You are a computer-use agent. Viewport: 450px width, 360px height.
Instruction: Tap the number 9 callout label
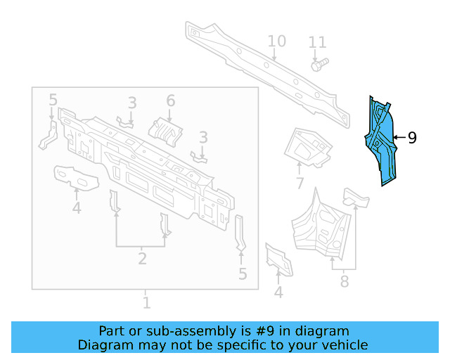[x=412, y=138]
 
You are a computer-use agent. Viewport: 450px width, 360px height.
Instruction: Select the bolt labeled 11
[x=316, y=65]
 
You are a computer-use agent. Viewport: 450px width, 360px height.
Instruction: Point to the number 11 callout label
[x=318, y=43]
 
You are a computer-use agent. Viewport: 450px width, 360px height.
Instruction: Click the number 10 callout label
[x=276, y=41]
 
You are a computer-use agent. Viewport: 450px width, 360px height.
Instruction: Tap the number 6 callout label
[x=170, y=102]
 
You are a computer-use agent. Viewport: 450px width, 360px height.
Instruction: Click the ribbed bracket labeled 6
[x=167, y=130]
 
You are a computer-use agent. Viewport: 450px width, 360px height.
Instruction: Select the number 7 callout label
[x=300, y=184]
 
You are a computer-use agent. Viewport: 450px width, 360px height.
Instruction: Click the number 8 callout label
[x=344, y=282]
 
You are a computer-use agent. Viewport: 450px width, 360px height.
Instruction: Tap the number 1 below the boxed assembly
[x=146, y=303]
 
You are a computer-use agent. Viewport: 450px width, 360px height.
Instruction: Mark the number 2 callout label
[x=142, y=259]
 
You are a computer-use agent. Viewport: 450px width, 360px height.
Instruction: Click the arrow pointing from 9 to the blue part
[x=399, y=138]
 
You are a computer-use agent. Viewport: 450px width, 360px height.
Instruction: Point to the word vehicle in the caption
[x=344, y=345]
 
